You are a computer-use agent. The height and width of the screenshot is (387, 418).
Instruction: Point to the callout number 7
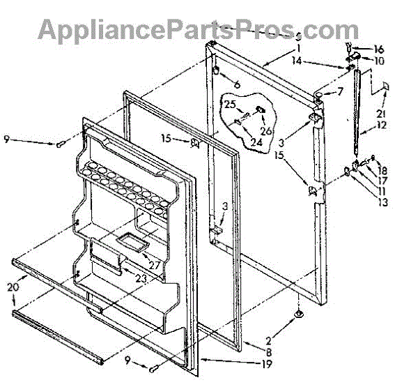pyautogui.click(x=340, y=91)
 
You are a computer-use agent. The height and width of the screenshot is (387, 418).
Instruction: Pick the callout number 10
pyautogui.click(x=379, y=61)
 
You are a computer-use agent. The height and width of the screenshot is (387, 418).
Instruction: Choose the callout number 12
pyautogui.click(x=382, y=126)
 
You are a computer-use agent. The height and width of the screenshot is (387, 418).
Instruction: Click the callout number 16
pyautogui.click(x=379, y=50)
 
